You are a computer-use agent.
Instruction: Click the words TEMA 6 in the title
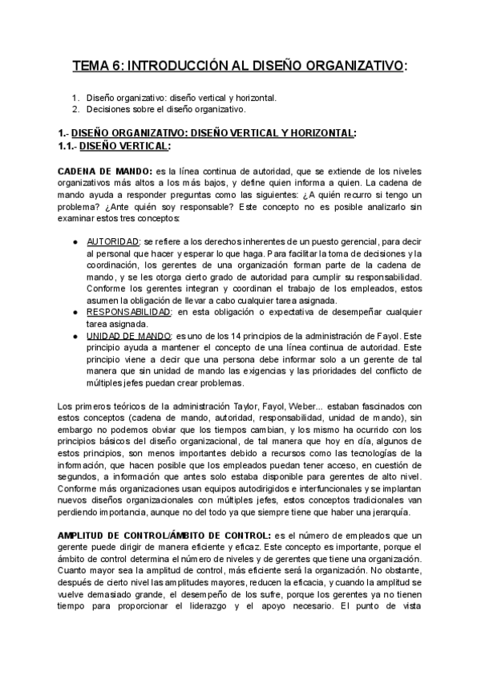99,65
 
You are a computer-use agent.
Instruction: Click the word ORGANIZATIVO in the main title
349,65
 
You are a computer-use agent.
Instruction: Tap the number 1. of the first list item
76,98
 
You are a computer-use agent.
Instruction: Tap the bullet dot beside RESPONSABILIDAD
75,311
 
